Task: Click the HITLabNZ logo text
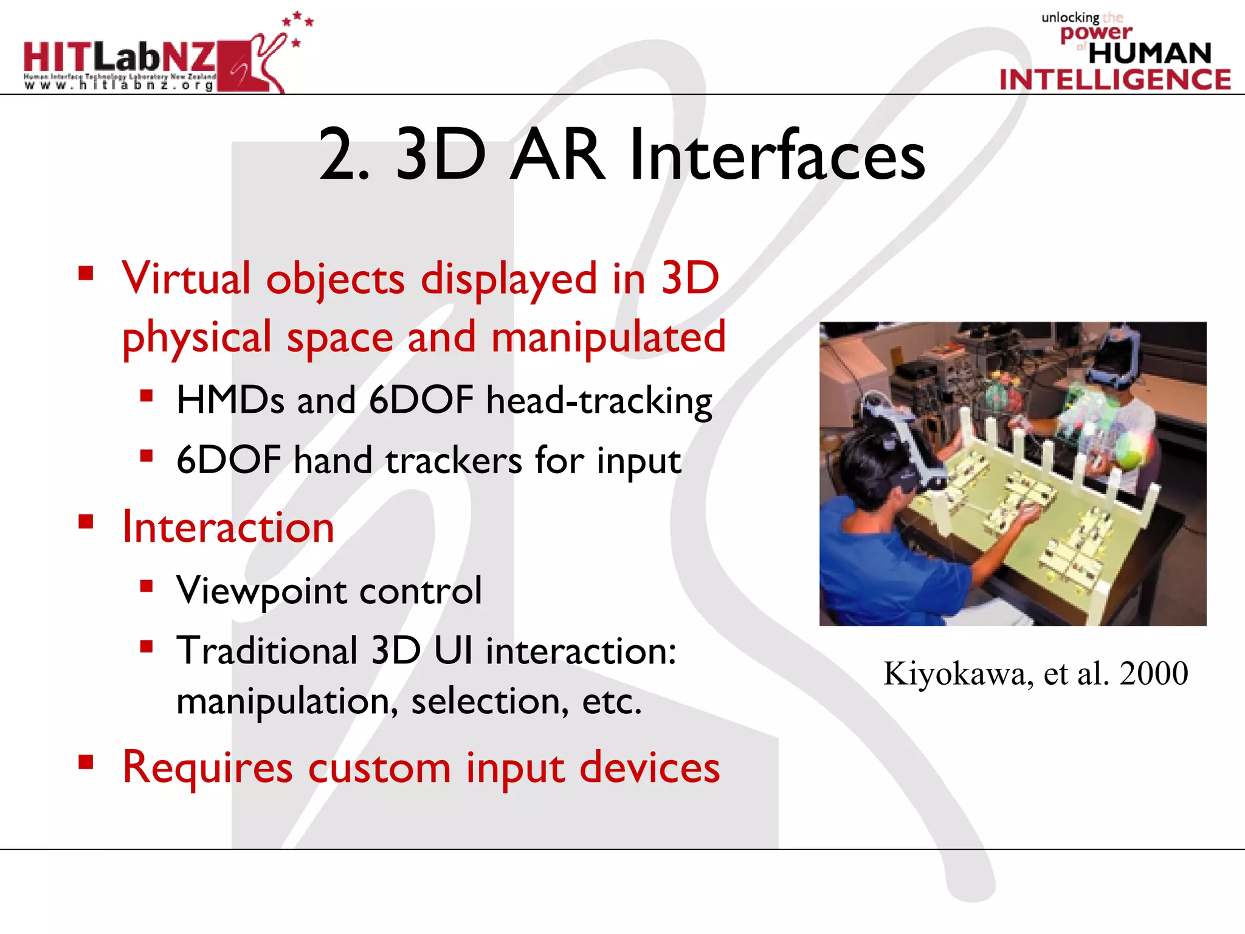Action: [119, 58]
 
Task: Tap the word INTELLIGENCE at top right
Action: [1115, 80]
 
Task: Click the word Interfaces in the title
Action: [777, 156]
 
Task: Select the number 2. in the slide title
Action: [344, 156]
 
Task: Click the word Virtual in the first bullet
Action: [186, 278]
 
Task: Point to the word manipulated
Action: [609, 337]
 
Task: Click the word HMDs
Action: [230, 401]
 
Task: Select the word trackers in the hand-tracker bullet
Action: [454, 460]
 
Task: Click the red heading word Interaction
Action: [228, 527]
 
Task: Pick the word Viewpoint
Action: [260, 590]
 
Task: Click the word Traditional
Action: [267, 651]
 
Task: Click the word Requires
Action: [207, 767]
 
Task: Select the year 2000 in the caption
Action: [1153, 674]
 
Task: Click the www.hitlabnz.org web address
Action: [119, 86]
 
